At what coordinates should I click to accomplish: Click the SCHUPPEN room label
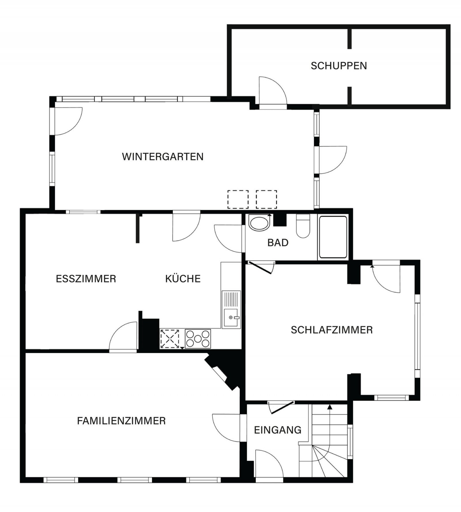click(x=339, y=66)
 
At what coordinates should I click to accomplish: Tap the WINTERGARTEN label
click(x=163, y=157)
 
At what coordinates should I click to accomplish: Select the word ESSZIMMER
click(x=86, y=279)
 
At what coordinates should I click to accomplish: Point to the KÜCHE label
click(x=183, y=279)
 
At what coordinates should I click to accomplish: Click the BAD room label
click(x=278, y=243)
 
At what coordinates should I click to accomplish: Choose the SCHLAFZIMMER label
click(x=332, y=330)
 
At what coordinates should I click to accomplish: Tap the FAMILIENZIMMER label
click(x=121, y=421)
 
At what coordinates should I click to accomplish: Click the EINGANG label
click(x=278, y=430)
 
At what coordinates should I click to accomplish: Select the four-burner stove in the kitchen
click(x=198, y=339)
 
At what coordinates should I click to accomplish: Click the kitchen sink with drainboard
click(x=231, y=309)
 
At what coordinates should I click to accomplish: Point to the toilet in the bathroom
click(x=303, y=226)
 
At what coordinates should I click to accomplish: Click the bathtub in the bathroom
click(x=333, y=237)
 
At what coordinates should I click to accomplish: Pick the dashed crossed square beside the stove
click(x=170, y=339)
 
